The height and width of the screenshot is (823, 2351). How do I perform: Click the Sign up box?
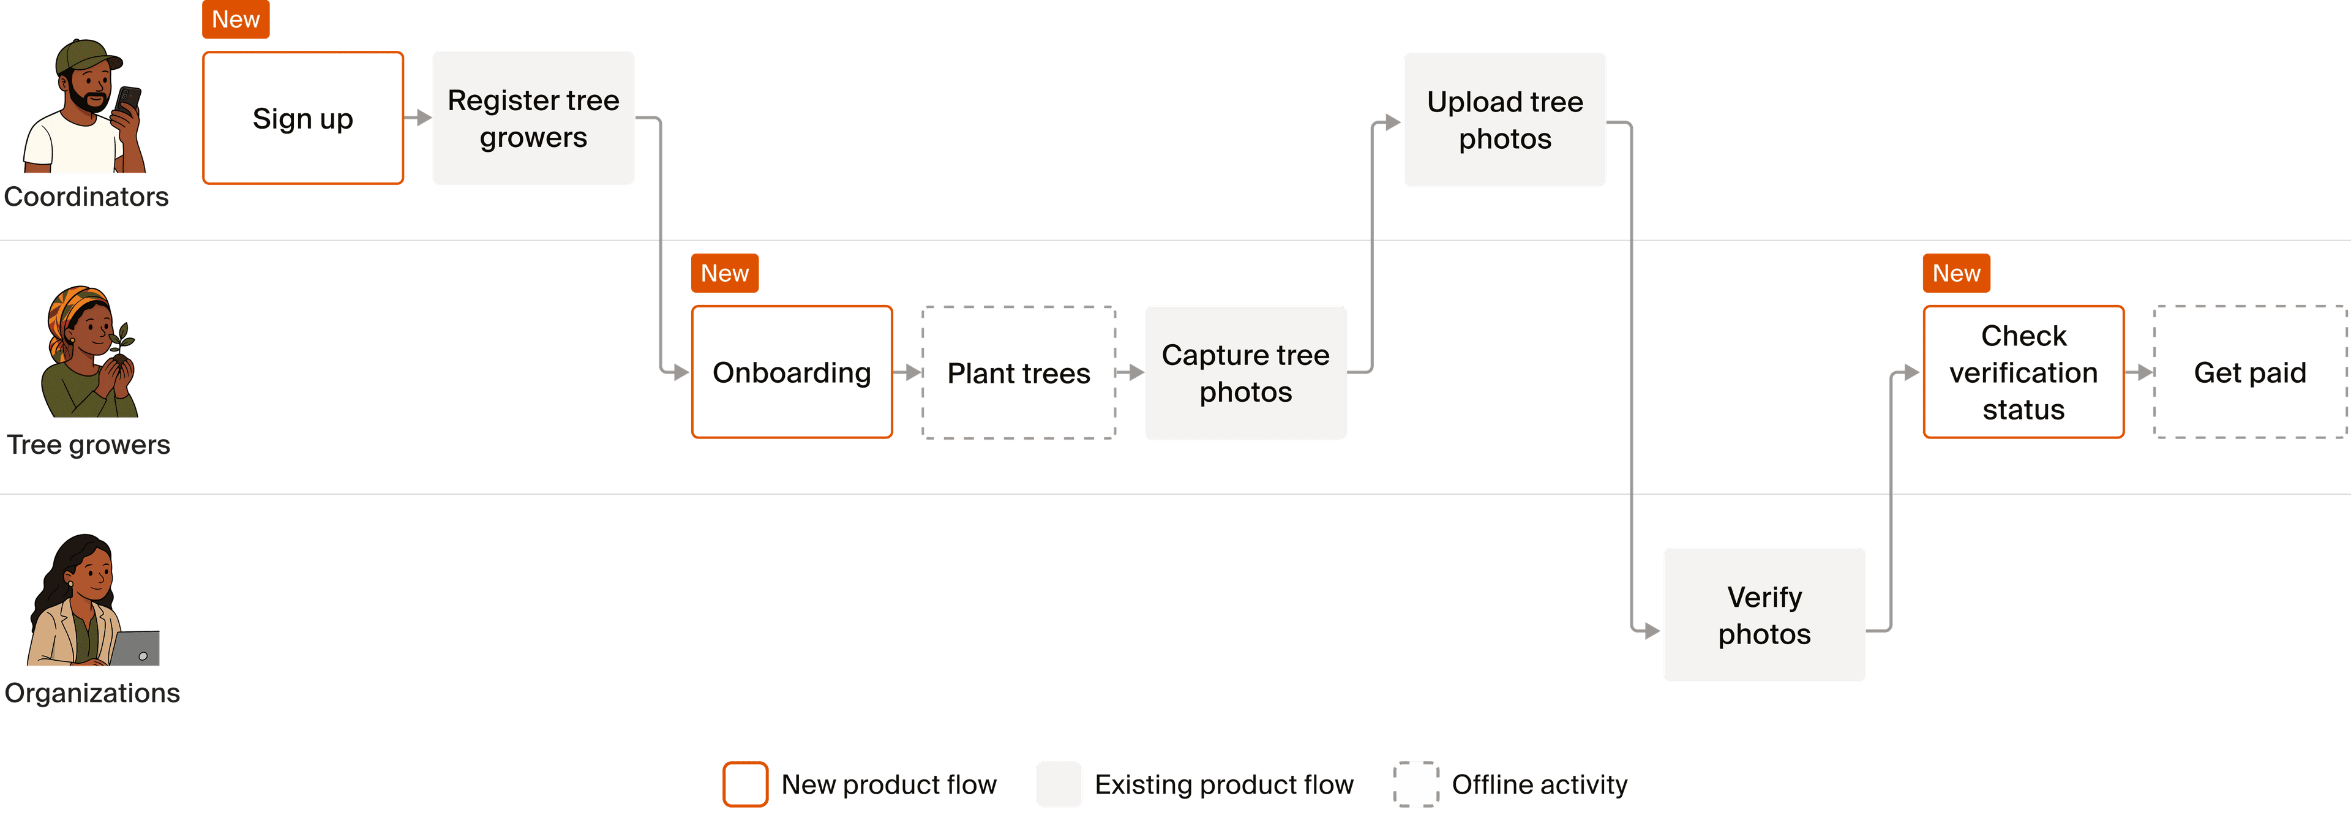[x=303, y=118]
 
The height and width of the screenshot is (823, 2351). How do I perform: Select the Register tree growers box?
[x=533, y=118]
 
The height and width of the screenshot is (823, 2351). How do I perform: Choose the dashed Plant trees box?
[x=1019, y=372]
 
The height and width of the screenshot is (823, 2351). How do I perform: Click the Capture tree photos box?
[x=1246, y=372]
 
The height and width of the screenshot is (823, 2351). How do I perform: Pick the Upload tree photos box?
[x=1505, y=119]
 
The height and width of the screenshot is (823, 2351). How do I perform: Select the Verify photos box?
[x=1764, y=614]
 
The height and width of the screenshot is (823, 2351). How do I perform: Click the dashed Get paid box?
[x=2250, y=372]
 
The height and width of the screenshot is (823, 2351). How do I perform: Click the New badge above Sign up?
[x=236, y=19]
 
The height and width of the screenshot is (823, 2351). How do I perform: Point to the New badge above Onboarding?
[x=725, y=273]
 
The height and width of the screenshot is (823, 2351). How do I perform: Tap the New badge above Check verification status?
[x=1956, y=273]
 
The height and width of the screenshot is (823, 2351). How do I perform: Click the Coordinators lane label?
[x=87, y=196]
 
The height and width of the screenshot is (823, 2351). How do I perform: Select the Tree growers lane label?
[x=89, y=445]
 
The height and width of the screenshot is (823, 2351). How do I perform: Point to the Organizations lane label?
[x=92, y=693]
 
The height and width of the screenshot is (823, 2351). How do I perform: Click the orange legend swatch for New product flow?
[x=744, y=784]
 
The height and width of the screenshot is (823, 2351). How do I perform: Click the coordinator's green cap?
[x=84, y=56]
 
